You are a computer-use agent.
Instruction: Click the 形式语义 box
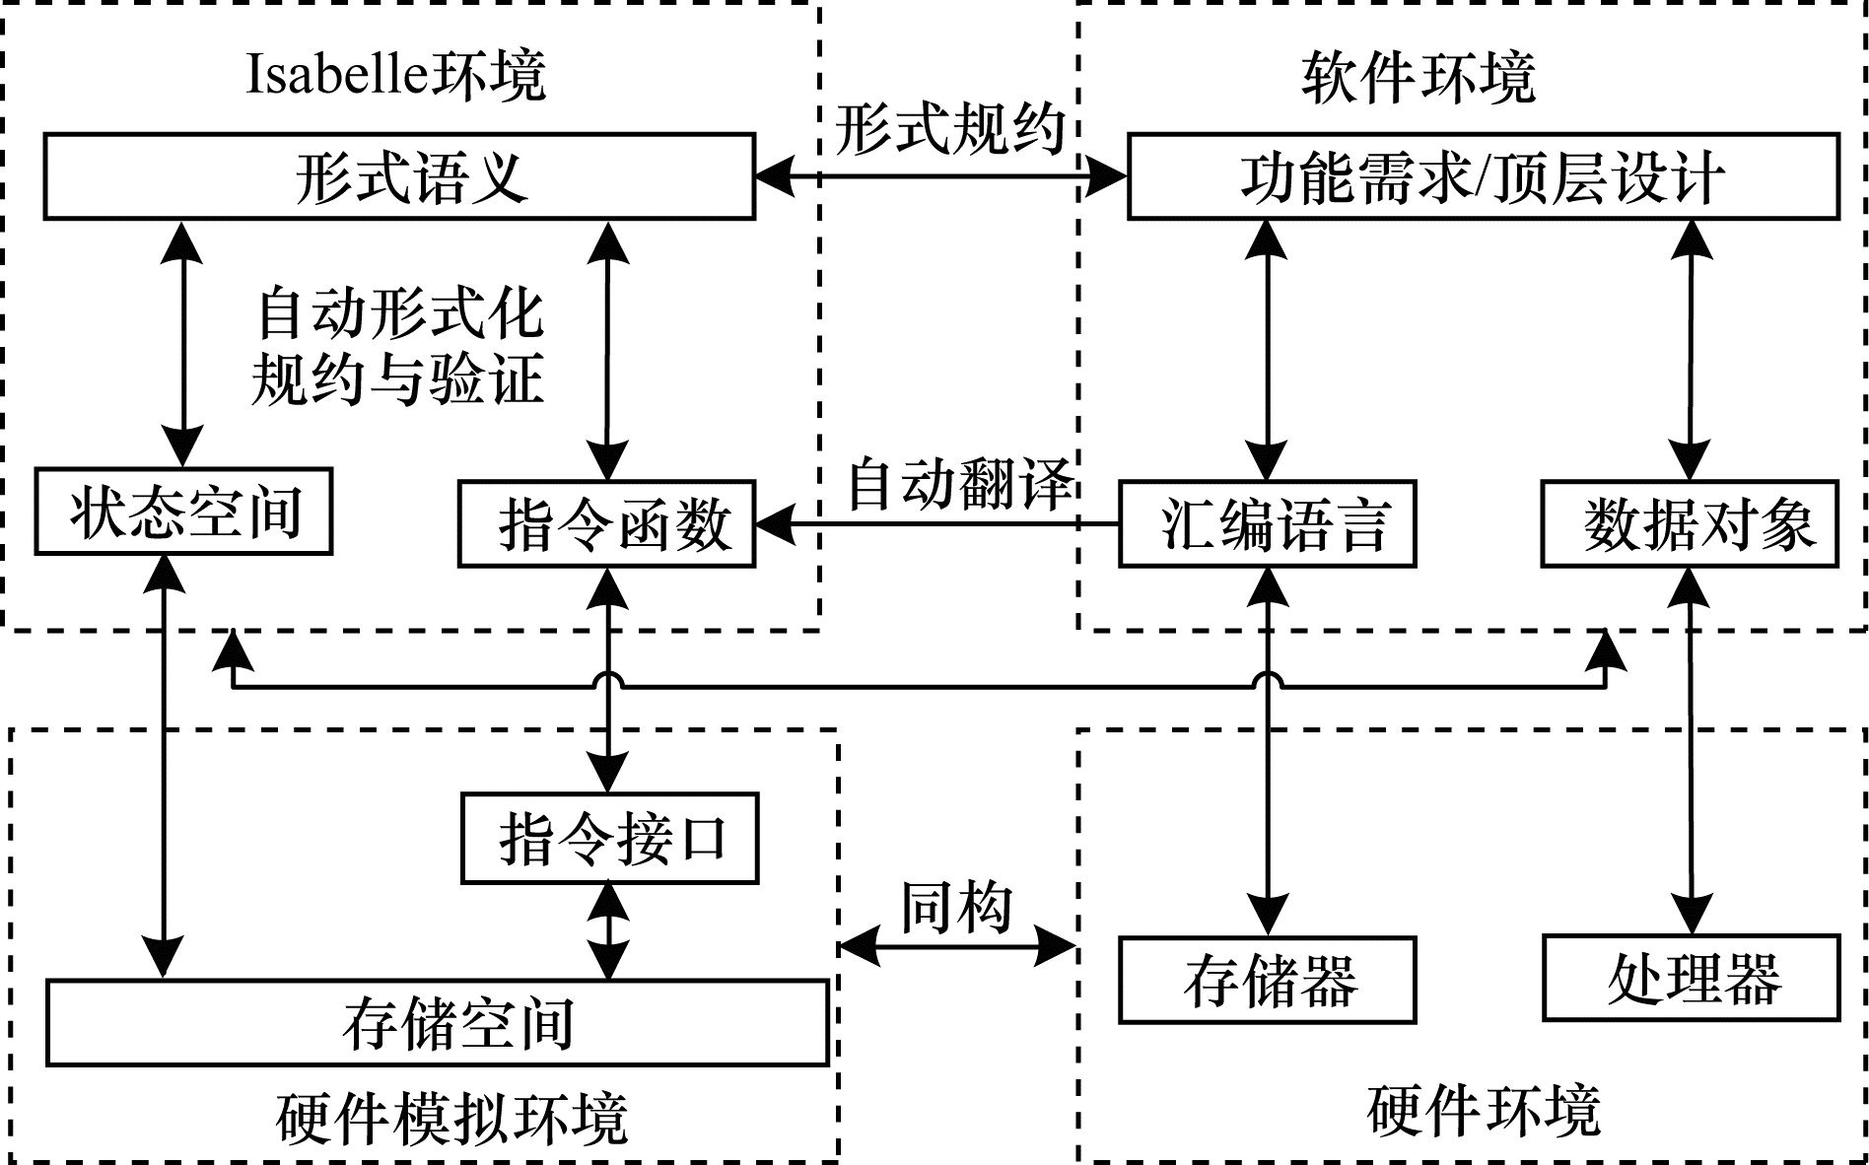399,177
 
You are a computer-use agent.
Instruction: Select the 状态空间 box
184,513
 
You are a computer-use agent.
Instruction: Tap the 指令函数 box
607,524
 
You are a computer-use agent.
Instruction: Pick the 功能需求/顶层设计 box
1483,177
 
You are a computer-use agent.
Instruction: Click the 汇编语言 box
1268,524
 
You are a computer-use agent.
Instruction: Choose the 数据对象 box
1690,524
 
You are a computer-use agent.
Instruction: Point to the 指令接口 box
610,839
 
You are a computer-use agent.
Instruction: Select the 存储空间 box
438,1023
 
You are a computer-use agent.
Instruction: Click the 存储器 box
1268,981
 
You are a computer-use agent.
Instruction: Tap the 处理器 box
1692,978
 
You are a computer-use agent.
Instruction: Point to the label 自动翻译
960,483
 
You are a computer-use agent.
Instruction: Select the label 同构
956,907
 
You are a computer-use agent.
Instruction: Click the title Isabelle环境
395,75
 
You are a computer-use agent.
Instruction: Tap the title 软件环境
1419,77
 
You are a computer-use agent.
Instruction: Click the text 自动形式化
399,313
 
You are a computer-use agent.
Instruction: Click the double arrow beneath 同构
956,948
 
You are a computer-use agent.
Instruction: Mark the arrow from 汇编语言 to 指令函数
936,524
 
